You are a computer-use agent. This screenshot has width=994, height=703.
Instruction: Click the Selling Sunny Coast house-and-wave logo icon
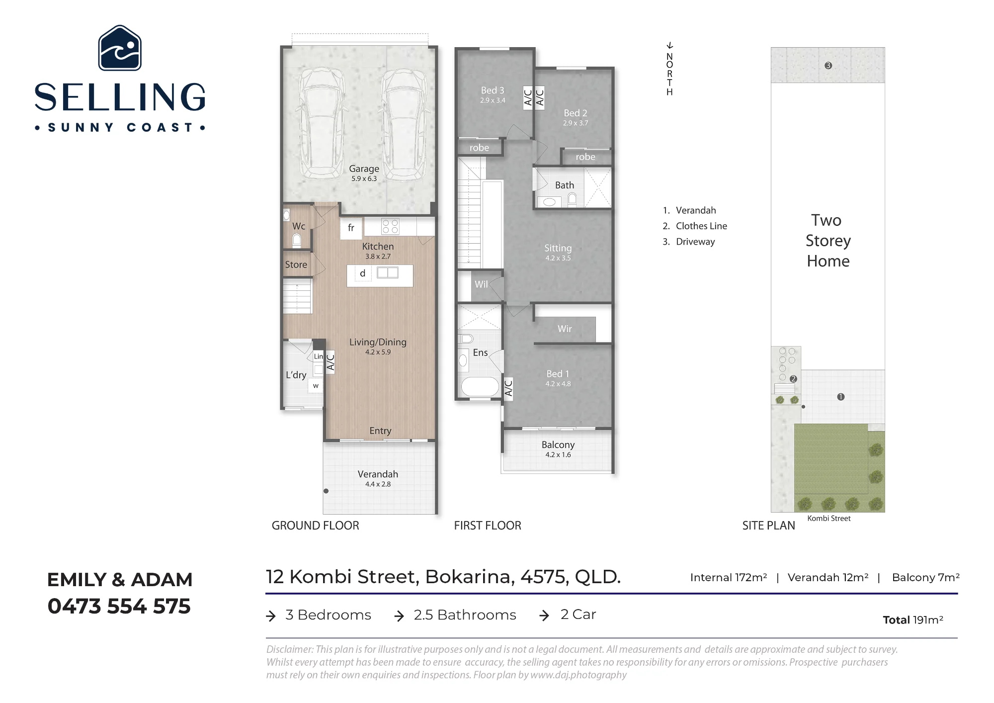120,48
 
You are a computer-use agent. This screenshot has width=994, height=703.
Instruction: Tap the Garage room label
364,169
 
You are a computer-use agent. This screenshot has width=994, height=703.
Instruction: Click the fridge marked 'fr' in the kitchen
351,228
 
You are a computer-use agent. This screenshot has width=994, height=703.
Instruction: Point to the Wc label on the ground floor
299,226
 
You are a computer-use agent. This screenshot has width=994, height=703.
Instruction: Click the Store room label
296,265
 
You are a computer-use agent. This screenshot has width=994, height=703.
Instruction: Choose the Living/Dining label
378,342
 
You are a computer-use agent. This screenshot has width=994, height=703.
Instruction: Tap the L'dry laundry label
296,375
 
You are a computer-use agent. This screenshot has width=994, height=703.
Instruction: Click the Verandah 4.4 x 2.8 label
378,478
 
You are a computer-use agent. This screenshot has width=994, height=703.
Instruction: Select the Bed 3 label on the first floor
493,90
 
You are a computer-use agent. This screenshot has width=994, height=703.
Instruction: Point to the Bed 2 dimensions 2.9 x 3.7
576,123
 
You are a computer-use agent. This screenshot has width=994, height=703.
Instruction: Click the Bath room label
565,185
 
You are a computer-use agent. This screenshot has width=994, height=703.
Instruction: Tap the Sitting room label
558,248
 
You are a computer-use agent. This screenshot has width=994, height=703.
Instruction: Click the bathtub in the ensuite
480,387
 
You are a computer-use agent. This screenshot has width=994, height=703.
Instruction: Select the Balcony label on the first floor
558,445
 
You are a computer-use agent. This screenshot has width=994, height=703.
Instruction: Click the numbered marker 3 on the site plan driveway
828,66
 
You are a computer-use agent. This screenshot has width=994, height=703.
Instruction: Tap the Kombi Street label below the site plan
829,519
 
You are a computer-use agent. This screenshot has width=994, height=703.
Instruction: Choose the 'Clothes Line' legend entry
701,226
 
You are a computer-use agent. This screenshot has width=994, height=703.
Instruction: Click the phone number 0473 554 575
119,607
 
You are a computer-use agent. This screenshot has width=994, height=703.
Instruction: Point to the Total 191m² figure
913,620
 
